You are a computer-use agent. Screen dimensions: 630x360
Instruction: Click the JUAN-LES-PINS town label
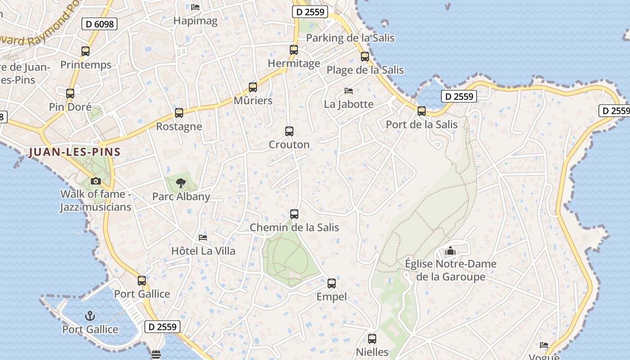pyautogui.click(x=75, y=152)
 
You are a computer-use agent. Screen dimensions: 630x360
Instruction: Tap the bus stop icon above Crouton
pyautogui.click(x=289, y=131)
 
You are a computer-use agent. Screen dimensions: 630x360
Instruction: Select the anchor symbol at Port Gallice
pyautogui.click(x=90, y=316)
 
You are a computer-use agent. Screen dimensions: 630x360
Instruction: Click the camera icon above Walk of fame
pyautogui.click(x=95, y=181)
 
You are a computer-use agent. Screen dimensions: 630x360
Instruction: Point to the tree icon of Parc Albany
pyautogui.click(x=181, y=183)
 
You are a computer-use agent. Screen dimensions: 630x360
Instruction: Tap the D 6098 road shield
pyautogui.click(x=99, y=24)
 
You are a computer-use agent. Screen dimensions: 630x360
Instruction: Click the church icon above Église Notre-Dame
pyautogui.click(x=450, y=251)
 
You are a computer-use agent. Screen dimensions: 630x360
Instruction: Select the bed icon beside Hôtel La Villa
pyautogui.click(x=203, y=237)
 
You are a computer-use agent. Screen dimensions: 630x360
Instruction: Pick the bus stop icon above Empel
pyautogui.click(x=332, y=283)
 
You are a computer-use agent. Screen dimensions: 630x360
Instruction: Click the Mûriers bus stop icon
pyautogui.click(x=253, y=87)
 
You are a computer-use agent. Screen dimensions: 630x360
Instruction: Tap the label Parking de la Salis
pyautogui.click(x=350, y=38)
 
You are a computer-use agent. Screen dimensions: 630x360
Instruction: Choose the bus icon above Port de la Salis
pyautogui.click(x=422, y=111)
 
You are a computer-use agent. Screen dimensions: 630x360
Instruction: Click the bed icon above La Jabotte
pyautogui.click(x=349, y=90)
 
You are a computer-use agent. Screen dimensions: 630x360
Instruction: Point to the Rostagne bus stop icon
pyautogui.click(x=179, y=113)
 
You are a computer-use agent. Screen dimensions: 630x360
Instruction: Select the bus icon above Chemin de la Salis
pyautogui.click(x=294, y=214)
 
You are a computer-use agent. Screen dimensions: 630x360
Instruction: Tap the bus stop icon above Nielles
pyautogui.click(x=372, y=339)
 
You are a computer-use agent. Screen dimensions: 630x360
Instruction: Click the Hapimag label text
pyautogui.click(x=195, y=21)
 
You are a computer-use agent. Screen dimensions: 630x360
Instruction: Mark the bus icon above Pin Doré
pyautogui.click(x=70, y=94)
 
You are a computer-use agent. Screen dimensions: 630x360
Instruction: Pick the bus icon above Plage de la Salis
pyautogui.click(x=365, y=57)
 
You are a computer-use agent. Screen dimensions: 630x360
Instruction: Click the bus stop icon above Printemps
pyautogui.click(x=85, y=51)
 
